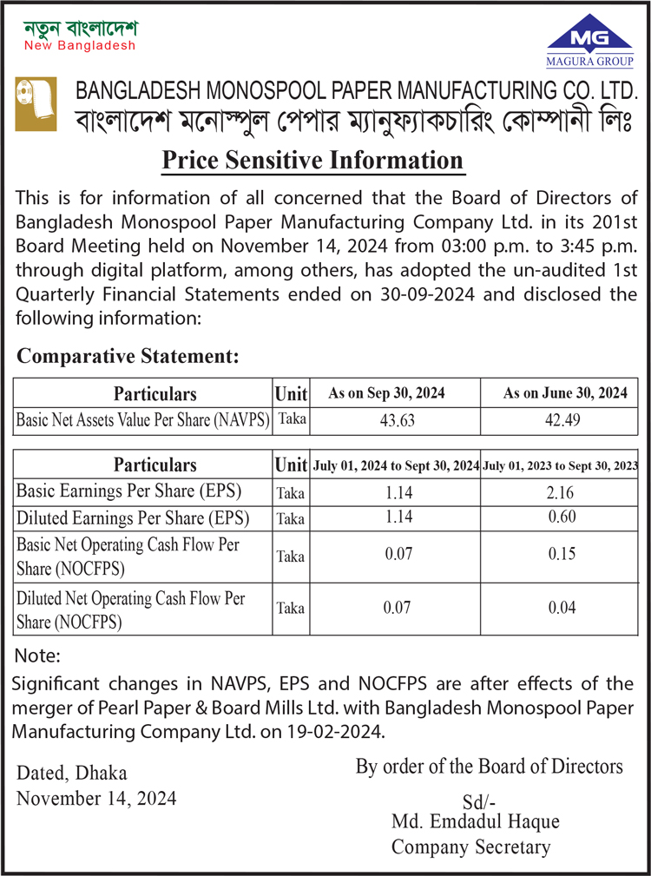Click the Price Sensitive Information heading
coord(312,161)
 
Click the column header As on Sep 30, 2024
coord(386,393)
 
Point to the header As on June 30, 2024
coord(565,393)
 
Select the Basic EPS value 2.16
coord(562,492)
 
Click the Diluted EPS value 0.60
coord(562,518)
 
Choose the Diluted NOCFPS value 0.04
coord(562,608)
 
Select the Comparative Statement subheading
coord(128,356)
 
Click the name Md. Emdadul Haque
coord(476,821)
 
